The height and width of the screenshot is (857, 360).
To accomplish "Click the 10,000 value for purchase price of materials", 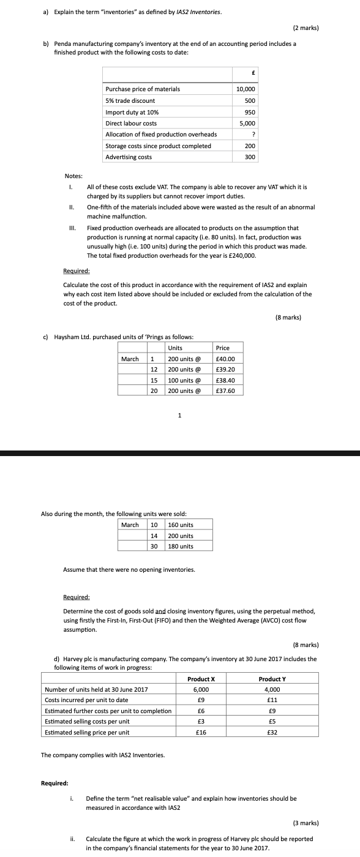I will click(246, 89).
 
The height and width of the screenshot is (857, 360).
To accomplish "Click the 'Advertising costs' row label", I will click(129, 157).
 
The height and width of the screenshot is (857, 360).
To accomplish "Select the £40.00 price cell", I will click(226, 359).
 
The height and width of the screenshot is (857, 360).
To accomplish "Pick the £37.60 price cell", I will click(226, 391).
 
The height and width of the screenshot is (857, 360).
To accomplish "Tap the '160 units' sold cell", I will click(181, 525).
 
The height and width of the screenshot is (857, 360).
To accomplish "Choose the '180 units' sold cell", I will click(181, 546).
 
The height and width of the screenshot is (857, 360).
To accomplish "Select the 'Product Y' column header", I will click(272, 679).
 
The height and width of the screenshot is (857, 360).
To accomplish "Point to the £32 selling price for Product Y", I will click(272, 732).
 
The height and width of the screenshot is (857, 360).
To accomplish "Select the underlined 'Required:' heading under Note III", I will click(77, 271).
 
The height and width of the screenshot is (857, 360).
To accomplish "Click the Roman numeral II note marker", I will click(71, 208).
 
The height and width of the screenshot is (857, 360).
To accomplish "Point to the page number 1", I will click(179, 415).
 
